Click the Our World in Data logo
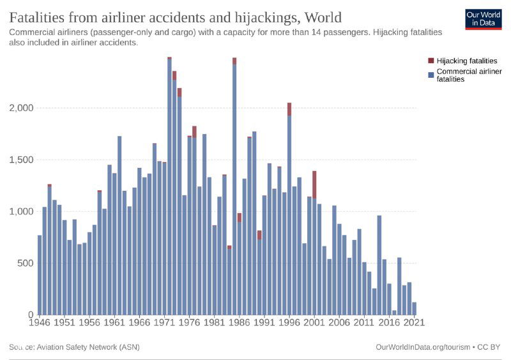point(484,20)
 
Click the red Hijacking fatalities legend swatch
point(431,61)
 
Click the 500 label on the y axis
point(26,263)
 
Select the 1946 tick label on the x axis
point(40,322)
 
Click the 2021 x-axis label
point(414,322)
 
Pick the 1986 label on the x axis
point(240,322)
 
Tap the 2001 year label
point(314,322)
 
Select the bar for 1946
point(40,275)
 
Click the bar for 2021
point(414,308)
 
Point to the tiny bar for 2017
point(394,312)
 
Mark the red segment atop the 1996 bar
point(289,109)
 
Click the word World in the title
point(323,17)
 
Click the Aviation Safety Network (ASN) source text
point(89,347)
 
